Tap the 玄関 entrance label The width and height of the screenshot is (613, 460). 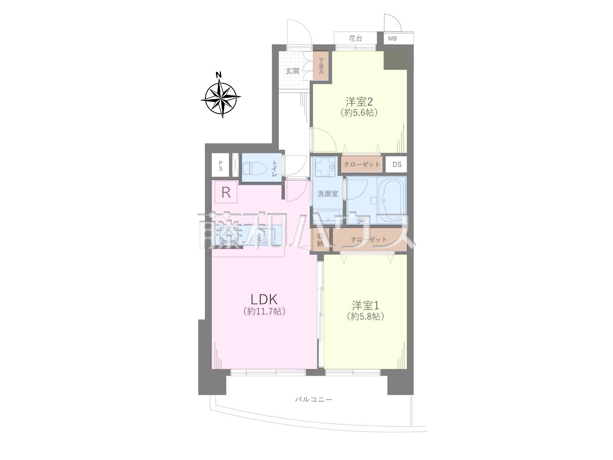click(293, 71)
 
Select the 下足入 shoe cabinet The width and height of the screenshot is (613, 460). click(321, 66)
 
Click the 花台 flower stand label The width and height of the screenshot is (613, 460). click(355, 38)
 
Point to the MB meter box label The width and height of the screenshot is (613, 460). click(392, 38)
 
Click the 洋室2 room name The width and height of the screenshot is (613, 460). click(360, 102)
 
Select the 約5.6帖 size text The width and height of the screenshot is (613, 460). click(360, 113)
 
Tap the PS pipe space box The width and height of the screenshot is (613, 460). click(220, 165)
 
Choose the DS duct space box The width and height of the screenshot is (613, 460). click(397, 164)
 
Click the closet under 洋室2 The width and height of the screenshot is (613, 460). click(362, 164)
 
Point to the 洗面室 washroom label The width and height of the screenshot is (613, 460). click(328, 194)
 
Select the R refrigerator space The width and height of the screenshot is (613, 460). click(226, 192)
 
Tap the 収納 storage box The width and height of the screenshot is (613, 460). click(320, 240)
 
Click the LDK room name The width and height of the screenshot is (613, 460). click(264, 299)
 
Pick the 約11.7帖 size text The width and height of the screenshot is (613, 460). click(264, 311)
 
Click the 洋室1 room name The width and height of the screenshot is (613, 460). click(365, 306)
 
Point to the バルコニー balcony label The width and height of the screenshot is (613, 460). click(314, 400)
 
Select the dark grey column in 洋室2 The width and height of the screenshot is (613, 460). click(395, 60)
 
